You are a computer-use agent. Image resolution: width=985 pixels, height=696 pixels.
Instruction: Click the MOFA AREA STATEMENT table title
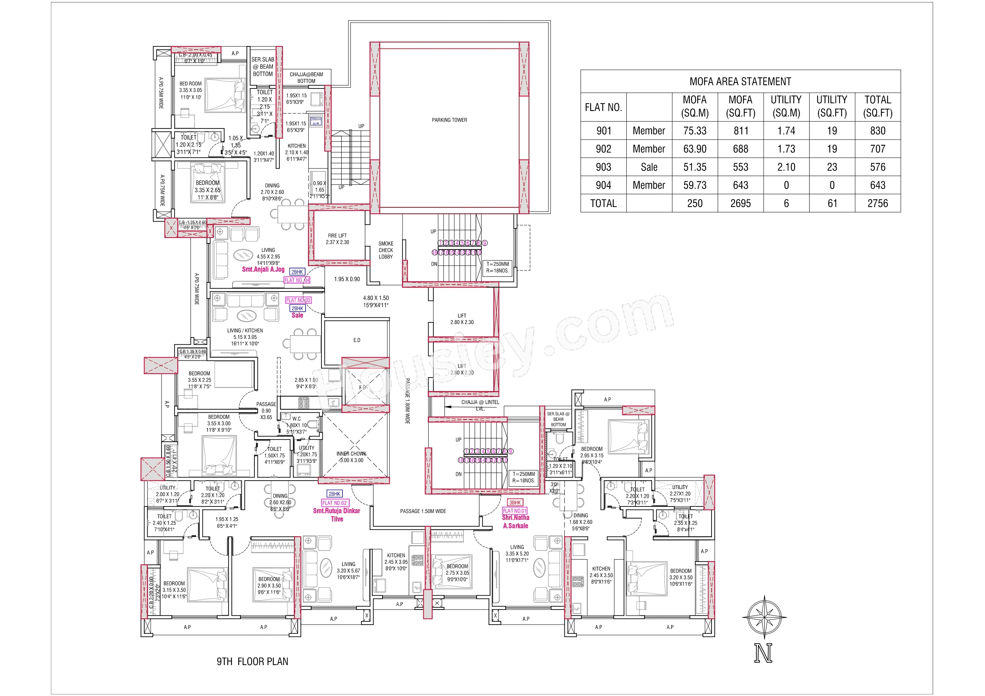pyautogui.click(x=740, y=81)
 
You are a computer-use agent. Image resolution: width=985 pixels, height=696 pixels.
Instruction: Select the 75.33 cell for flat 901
pyautogui.click(x=695, y=131)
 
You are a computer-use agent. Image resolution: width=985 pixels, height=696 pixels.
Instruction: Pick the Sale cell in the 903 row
pyautogui.click(x=648, y=167)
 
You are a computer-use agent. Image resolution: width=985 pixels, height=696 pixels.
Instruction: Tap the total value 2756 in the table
pyautogui.click(x=877, y=203)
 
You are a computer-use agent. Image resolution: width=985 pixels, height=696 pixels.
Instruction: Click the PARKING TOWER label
pyautogui.click(x=449, y=120)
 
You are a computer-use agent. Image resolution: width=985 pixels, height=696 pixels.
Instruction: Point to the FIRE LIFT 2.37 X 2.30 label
pyautogui.click(x=337, y=239)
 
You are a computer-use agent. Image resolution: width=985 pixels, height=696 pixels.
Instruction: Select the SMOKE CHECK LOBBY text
pyautogui.click(x=386, y=250)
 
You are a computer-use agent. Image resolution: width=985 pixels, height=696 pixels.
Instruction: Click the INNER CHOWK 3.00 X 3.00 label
pyautogui.click(x=351, y=457)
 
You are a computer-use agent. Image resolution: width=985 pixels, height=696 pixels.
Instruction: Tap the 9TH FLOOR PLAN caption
pyautogui.click(x=252, y=661)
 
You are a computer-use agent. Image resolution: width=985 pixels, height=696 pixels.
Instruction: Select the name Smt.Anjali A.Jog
pyautogui.click(x=263, y=269)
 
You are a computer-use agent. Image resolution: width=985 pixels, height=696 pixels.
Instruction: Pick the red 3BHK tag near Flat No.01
pyautogui.click(x=514, y=502)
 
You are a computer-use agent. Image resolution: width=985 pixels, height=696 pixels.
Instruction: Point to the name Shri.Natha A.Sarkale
pyautogui.click(x=515, y=522)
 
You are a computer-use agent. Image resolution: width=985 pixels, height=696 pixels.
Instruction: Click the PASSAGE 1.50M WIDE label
pyautogui.click(x=423, y=511)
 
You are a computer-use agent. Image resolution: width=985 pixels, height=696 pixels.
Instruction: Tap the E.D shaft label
pyautogui.click(x=356, y=340)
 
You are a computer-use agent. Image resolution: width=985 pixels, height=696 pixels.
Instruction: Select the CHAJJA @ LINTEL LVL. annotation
pyautogui.click(x=480, y=405)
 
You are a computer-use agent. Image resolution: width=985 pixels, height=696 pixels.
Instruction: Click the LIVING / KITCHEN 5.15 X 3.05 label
pyautogui.click(x=245, y=337)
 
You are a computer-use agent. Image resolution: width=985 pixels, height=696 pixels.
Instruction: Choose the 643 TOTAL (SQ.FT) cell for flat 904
pyautogui.click(x=877, y=185)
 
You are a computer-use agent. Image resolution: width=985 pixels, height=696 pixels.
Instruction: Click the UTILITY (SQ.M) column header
pyautogui.click(x=786, y=106)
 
